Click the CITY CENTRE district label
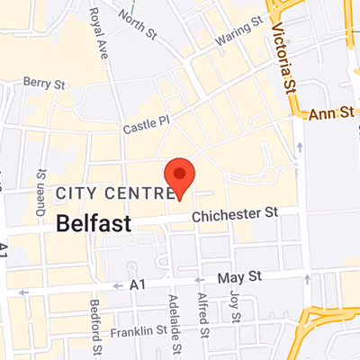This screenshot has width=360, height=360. coord(113,193)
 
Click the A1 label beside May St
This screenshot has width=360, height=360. coord(137,283)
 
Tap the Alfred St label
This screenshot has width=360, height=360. coord(205,318)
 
